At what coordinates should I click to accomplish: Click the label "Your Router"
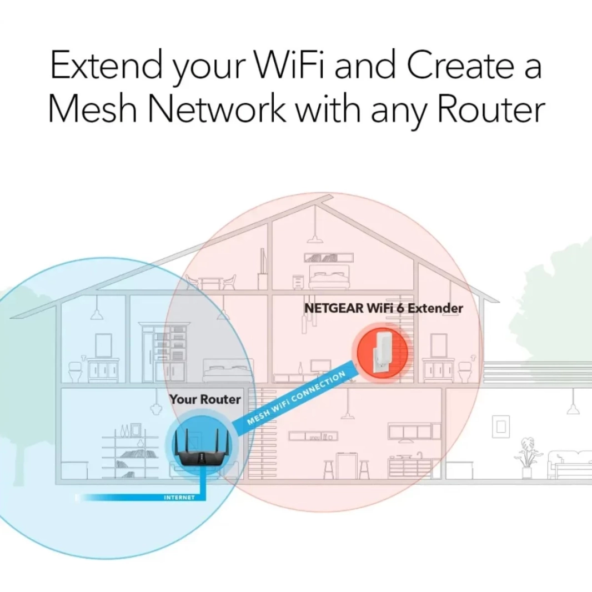pos(205,399)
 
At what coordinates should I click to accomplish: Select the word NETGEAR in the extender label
pos(332,308)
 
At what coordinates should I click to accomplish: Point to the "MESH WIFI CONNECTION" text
pos(296,398)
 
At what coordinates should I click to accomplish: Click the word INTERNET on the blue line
pos(179,497)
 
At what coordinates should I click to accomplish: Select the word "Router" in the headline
pos(489,110)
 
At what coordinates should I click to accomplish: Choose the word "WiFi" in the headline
pos(295,66)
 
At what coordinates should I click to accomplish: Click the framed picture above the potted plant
pos(501,426)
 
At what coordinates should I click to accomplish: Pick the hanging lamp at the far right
pos(573,409)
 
